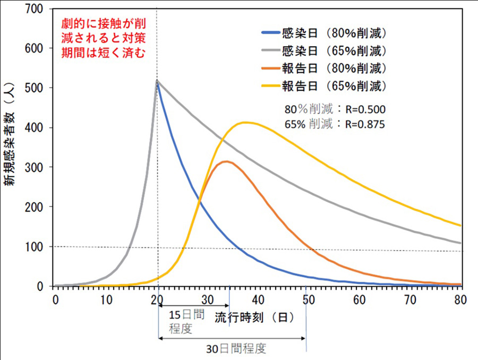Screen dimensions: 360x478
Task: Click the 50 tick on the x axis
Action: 309,299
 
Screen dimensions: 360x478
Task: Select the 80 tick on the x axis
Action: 460,299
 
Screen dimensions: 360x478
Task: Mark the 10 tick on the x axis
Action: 106,299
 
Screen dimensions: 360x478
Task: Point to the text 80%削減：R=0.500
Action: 335,110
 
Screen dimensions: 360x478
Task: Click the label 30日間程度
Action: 236,349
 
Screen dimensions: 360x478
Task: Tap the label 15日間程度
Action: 186,321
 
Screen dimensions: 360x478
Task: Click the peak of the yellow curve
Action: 244,123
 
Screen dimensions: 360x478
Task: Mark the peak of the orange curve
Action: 226,161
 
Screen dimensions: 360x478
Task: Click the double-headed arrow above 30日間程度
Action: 232,338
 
